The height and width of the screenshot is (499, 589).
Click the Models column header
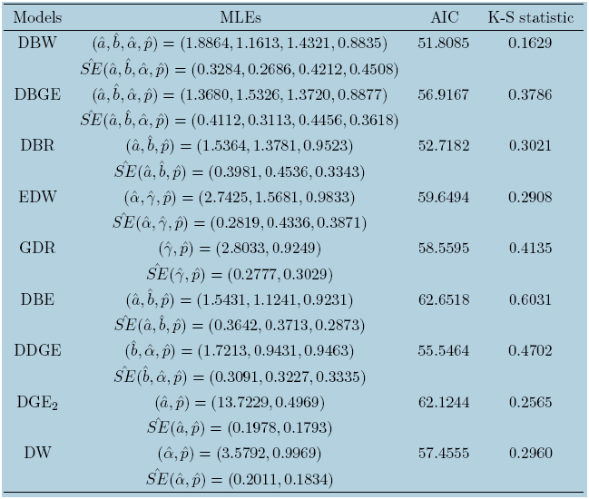tap(37, 18)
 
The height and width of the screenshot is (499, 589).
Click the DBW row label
tap(37, 43)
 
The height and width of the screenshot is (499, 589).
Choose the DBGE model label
tap(37, 94)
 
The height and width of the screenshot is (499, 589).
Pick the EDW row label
tap(37, 197)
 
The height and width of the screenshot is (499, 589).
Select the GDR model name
tap(37, 249)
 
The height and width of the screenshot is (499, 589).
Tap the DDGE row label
tap(37, 351)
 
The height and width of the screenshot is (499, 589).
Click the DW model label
tap(37, 454)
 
